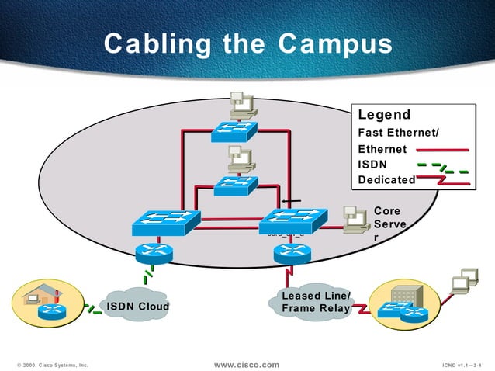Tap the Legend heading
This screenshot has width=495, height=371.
(384, 115)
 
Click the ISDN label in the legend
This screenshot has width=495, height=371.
(372, 164)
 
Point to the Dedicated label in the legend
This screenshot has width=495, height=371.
(386, 180)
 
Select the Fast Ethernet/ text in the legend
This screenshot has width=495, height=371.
(397, 133)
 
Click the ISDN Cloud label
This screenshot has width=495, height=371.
(138, 306)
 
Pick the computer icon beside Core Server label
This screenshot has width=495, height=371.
(355, 220)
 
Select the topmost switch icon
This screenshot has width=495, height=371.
(234, 131)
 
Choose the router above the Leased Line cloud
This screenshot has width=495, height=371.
(292, 252)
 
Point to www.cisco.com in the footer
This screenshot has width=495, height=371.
(246, 364)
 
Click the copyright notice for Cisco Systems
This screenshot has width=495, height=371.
(52, 364)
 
